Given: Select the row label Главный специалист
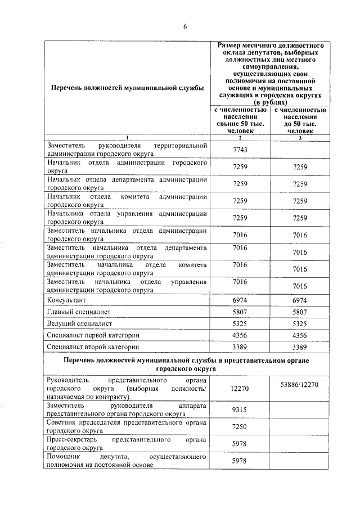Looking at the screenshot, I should point(79,312).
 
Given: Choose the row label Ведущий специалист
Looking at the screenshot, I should point(80,323).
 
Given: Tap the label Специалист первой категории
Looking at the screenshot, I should point(93,335).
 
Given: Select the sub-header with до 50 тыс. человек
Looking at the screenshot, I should point(300,120).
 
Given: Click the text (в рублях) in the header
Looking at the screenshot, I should point(270,103).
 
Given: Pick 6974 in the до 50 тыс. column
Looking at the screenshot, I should point(300,300).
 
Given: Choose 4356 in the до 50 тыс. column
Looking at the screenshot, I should point(300,335).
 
